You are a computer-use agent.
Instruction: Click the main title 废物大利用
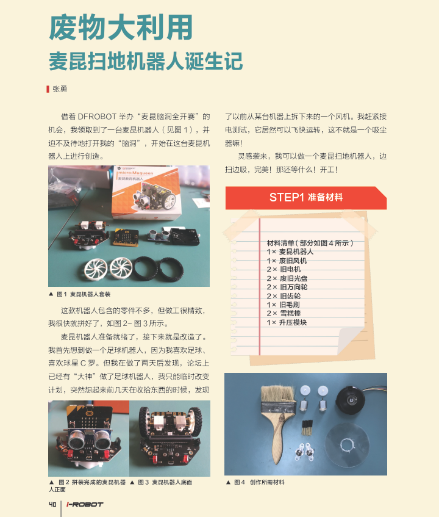[121, 27]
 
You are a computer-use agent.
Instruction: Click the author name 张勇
[60, 89]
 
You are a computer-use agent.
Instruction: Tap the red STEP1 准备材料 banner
[306, 198]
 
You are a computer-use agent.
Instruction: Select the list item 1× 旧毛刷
[284, 305]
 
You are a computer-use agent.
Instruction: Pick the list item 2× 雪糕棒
[284, 313]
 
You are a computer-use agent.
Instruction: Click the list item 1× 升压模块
[287, 322]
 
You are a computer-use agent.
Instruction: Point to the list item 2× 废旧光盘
[287, 278]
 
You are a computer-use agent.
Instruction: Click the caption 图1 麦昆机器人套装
[80, 294]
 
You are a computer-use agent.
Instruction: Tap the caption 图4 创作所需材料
[255, 482]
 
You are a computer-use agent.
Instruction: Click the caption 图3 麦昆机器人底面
[162, 482]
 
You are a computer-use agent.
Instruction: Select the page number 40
[52, 504]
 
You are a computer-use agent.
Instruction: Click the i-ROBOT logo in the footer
[85, 504]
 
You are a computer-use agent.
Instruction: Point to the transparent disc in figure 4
[347, 445]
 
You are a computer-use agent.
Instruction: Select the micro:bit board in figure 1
[126, 237]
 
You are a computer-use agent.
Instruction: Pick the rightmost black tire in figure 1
[171, 270]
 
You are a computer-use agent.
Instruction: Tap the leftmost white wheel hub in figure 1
[96, 269]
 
